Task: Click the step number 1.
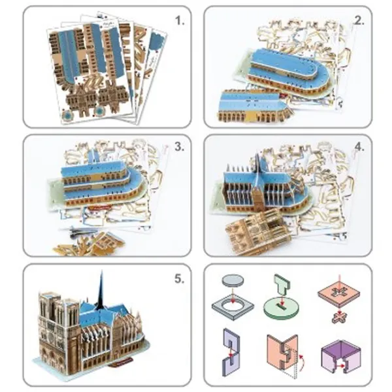click(x=180, y=20)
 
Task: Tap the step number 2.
click(x=359, y=21)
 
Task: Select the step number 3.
click(x=179, y=147)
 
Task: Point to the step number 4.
click(x=359, y=147)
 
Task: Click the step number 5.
click(x=179, y=279)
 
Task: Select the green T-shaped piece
click(x=282, y=284)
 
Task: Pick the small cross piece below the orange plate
click(x=339, y=318)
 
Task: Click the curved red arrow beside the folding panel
click(x=302, y=361)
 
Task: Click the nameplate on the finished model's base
click(x=121, y=361)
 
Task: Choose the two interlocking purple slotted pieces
click(x=231, y=353)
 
